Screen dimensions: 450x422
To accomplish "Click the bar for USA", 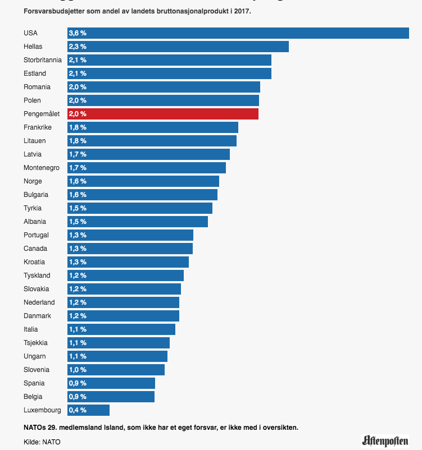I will [238, 33].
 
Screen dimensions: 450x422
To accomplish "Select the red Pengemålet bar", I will [163, 114].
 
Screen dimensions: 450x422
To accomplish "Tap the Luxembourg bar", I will [88, 410].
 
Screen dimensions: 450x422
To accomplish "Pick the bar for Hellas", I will [178, 47].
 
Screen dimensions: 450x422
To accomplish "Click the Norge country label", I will [33, 181].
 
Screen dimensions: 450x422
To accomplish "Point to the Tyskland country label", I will [37, 275].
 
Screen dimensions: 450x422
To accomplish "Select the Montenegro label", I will [41, 168].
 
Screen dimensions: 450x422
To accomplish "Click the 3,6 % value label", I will [78, 33].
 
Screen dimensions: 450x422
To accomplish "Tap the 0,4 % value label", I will [78, 410].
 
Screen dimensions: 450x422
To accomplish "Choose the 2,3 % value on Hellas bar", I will [78, 47].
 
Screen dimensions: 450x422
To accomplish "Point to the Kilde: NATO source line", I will [42, 442].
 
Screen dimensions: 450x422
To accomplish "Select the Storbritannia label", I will [43, 60].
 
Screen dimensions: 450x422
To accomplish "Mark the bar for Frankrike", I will [153, 127].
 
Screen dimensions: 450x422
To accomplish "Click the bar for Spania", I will [111, 383].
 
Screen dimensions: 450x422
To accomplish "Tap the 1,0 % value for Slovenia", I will [78, 370].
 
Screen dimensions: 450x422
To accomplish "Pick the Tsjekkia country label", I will [35, 343].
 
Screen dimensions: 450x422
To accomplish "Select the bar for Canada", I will [130, 249].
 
